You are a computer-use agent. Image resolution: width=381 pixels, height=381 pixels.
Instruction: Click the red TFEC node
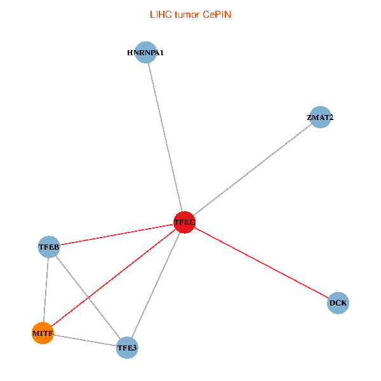pos(184,222)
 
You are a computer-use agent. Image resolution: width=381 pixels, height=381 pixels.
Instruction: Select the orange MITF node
pos(43,333)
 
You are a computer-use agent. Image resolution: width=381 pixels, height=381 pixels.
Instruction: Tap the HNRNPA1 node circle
pos(146,52)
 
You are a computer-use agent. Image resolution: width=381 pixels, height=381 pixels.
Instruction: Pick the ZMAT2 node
pos(320,117)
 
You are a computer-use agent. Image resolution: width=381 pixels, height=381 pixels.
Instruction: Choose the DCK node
pos(338,303)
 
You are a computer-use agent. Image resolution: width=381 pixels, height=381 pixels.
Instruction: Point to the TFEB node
pos(49,246)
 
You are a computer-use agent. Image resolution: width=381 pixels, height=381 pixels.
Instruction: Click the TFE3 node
pos(127,347)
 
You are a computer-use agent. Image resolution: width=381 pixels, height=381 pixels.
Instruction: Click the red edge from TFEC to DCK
pos(262,263)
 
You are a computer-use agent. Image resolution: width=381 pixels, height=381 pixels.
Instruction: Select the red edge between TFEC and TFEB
pos(117,234)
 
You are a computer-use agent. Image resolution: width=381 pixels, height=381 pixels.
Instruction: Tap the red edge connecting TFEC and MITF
pos(114,277)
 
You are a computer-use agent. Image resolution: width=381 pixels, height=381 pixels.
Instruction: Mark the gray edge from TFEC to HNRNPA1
pos(165,137)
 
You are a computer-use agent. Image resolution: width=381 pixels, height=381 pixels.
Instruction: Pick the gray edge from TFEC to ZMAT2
pos(253,170)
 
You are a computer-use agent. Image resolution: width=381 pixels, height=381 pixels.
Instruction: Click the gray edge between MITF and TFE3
pos(85,340)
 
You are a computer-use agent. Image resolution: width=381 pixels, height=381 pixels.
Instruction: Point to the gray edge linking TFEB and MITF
pos(46,290)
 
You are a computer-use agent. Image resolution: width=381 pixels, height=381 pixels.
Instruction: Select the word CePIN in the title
pos(217,15)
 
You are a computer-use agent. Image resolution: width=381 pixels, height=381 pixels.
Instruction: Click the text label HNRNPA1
pos(145,53)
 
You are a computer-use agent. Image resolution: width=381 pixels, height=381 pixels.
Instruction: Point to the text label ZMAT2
pos(320,117)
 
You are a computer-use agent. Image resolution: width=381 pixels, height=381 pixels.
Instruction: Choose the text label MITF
pos(43,333)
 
